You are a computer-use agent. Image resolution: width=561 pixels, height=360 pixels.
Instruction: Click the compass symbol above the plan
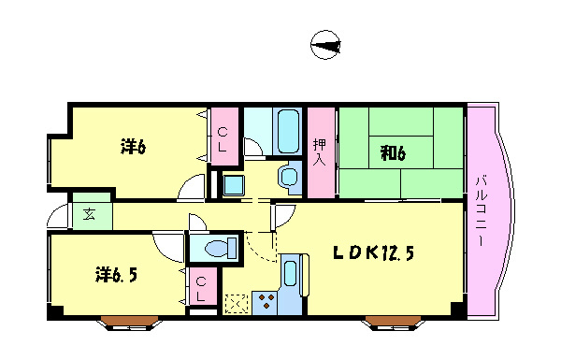(325, 45)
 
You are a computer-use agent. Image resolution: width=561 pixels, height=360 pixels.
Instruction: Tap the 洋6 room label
(133, 147)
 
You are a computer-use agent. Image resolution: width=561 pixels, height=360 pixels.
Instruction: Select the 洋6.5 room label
(116, 275)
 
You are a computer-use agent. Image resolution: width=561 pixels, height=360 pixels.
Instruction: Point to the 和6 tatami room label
(393, 153)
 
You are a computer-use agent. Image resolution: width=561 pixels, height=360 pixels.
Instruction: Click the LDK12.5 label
(373, 253)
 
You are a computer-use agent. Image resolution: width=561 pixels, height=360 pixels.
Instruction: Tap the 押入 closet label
(319, 152)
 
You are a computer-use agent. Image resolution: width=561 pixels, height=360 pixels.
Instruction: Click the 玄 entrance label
(89, 214)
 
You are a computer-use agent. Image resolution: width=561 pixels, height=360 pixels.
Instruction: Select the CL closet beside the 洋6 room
(223, 140)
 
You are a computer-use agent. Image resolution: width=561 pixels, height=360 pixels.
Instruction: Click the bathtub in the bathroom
(288, 131)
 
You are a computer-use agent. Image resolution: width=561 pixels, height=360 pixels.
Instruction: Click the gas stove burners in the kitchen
(266, 301)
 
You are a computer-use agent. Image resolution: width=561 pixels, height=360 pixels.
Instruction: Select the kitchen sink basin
(290, 273)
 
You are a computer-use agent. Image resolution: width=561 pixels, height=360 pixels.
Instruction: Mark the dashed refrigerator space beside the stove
(236, 304)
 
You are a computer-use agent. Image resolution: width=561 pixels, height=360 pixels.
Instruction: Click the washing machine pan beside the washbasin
(234, 185)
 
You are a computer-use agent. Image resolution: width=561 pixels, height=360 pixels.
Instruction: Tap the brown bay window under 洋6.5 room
(129, 323)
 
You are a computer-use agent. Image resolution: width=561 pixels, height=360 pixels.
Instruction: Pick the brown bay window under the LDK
(394, 323)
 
